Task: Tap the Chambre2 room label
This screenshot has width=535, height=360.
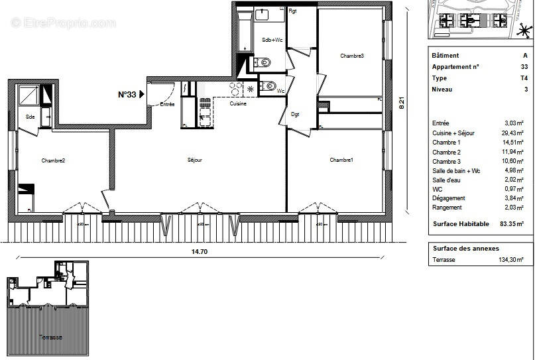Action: click(x=52, y=160)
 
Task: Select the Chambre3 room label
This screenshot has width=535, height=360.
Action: click(x=352, y=56)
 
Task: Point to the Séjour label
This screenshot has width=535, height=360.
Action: click(x=194, y=160)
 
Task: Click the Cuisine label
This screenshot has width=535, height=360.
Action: click(x=238, y=104)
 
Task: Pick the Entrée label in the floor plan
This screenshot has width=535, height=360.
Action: click(x=167, y=104)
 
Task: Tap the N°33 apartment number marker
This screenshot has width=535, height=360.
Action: click(x=127, y=95)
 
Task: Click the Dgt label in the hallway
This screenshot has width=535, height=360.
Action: click(x=295, y=114)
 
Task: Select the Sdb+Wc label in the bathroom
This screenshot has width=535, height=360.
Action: click(x=272, y=40)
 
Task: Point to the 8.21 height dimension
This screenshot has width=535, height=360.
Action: click(x=402, y=103)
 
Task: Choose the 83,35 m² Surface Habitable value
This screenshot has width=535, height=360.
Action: click(x=511, y=224)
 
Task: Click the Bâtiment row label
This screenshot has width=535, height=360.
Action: click(x=445, y=56)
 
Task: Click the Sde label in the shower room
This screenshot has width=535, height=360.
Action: click(x=30, y=117)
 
